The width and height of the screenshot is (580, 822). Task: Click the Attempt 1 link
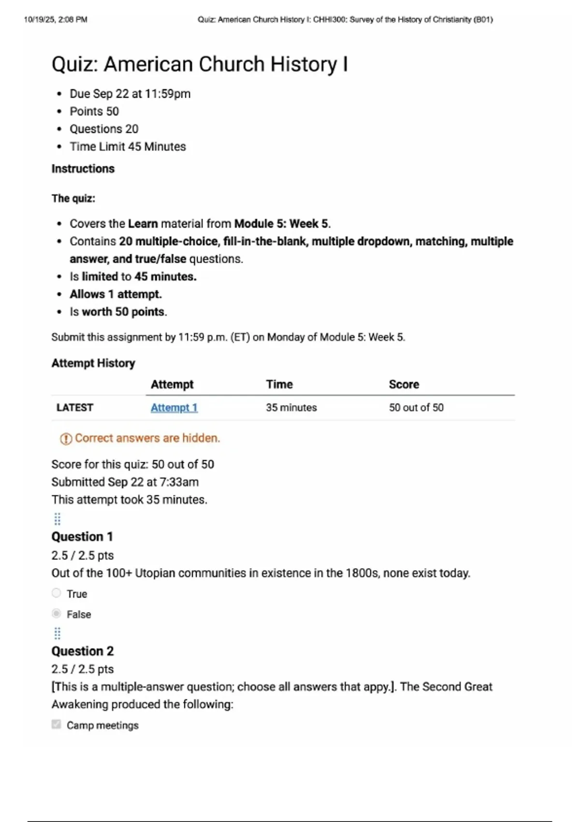click(174, 408)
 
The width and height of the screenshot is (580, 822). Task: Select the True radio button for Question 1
click(57, 593)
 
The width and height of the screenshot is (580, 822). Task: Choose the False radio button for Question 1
click(57, 614)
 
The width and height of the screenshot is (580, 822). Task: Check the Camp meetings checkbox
click(57, 724)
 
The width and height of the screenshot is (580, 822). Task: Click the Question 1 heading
click(82, 537)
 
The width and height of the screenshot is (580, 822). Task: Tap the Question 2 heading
click(83, 651)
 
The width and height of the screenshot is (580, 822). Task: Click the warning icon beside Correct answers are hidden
click(66, 439)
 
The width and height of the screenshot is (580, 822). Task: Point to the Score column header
click(404, 384)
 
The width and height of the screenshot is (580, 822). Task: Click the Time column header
click(279, 384)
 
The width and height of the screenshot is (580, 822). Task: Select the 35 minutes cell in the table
click(291, 408)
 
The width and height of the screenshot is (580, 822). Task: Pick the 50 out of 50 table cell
click(416, 408)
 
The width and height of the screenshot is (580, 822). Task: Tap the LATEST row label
click(75, 408)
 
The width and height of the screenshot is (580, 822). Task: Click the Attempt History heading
click(93, 363)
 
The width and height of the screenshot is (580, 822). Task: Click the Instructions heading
click(83, 169)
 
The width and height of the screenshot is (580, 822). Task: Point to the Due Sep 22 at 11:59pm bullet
click(130, 94)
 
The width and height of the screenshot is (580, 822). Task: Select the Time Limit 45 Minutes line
click(128, 147)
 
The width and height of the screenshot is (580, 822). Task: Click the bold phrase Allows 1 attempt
click(116, 294)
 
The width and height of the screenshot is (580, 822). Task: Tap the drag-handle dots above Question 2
click(57, 633)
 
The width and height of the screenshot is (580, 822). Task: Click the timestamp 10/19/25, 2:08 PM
click(56, 20)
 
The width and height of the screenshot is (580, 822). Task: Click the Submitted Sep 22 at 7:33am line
click(125, 482)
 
